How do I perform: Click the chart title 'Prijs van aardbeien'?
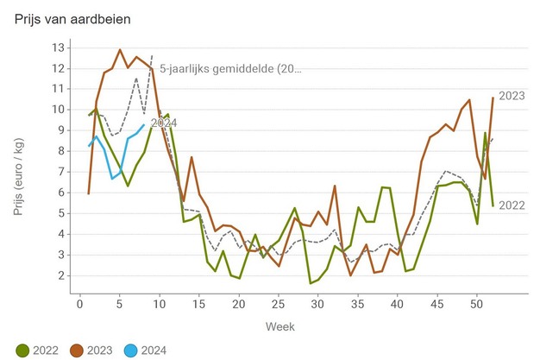point(73,18)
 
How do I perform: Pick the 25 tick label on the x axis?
point(278,303)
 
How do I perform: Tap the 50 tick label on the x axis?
point(476,303)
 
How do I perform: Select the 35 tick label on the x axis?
point(357,303)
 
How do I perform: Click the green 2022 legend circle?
point(22,350)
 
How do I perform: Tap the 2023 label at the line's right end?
point(512,96)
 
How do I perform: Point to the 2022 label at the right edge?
point(512,205)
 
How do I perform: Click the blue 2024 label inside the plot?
point(164,123)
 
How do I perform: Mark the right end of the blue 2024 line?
point(144,125)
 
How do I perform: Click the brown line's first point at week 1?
point(88,193)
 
